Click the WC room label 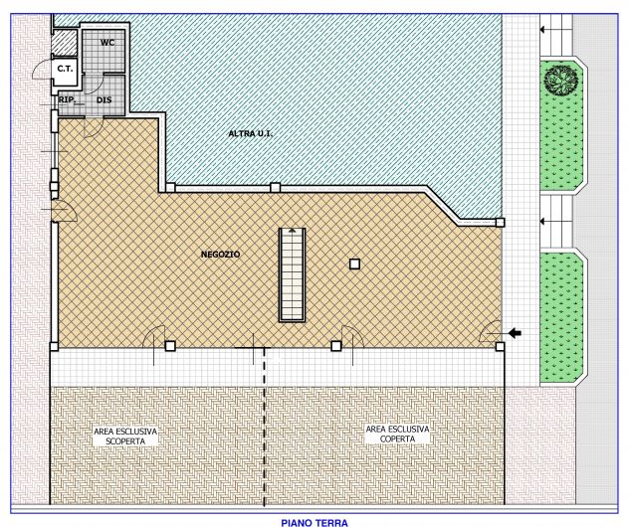coord(107,43)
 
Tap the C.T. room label coord(65,69)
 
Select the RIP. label coord(67,99)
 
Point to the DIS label coord(104,99)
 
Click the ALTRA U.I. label coord(251,134)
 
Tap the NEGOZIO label coord(220,255)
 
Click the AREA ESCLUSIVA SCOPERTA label coord(125,437)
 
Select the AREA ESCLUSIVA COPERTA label coord(397,434)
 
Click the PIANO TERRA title coord(314,523)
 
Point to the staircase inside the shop coord(292,274)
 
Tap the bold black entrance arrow coord(515,333)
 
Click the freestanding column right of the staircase coord(354,264)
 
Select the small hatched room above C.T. coord(65,43)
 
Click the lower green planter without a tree coord(560,318)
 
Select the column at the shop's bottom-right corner coord(500,347)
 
